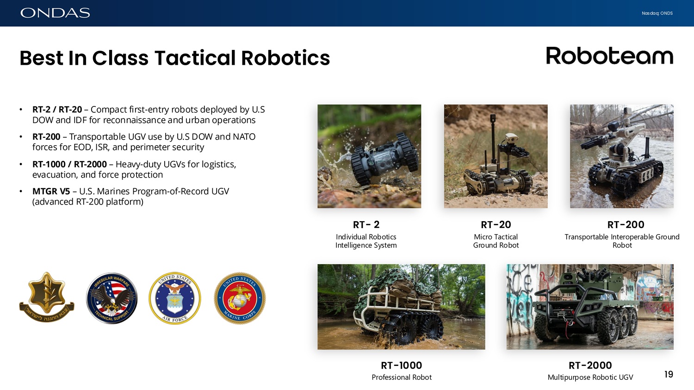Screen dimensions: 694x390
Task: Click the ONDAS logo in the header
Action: click(x=55, y=13)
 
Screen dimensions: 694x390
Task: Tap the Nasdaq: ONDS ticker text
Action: click(x=657, y=13)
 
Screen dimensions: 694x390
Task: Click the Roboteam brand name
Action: click(x=609, y=56)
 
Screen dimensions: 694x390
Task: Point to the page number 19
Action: click(x=669, y=374)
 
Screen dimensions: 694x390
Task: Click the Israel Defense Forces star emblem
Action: click(x=47, y=297)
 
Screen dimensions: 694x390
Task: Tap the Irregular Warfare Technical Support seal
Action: click(x=112, y=298)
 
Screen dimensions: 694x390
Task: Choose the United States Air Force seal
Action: click(x=175, y=298)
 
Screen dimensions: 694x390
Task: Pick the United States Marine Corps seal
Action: click(x=240, y=298)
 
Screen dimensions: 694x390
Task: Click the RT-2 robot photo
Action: click(x=369, y=156)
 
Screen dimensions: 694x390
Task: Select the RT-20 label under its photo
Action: click(x=496, y=224)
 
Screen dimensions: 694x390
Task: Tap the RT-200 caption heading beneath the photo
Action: click(x=626, y=224)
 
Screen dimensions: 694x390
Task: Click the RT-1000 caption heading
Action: click(x=401, y=365)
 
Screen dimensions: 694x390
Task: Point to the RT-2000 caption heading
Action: click(x=590, y=365)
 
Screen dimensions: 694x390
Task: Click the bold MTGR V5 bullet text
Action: click(x=51, y=192)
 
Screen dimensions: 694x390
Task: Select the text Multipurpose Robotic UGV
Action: click(x=590, y=378)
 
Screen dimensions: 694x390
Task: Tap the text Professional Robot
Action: click(x=402, y=378)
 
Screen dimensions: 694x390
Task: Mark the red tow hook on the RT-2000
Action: click(x=569, y=325)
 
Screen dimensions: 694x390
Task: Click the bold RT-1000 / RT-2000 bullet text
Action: click(x=69, y=164)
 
